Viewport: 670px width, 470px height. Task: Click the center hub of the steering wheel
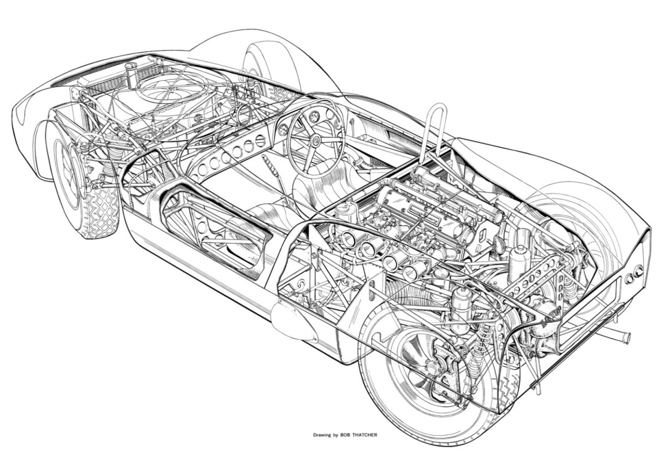(x=315, y=140)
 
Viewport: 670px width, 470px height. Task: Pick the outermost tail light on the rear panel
(x=638, y=270)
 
